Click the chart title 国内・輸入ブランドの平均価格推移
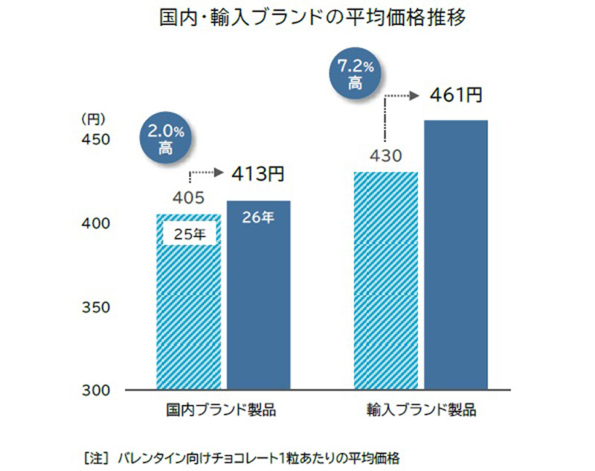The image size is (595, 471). point(313,18)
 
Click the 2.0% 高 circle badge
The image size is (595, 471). point(166,139)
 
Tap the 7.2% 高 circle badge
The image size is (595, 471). point(356,75)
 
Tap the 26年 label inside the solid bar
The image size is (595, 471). point(258,219)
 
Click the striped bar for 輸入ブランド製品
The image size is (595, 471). point(386,281)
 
